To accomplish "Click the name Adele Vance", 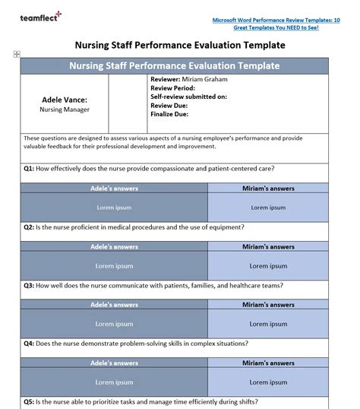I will click(x=65, y=99).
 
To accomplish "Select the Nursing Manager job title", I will click(x=65, y=109).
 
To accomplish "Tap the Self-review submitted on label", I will click(x=188, y=97).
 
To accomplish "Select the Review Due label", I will click(x=170, y=106).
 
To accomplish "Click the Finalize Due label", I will click(x=170, y=115).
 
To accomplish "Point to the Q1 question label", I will click(x=28, y=168).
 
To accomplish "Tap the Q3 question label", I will click(x=28, y=285).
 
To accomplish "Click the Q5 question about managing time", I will click(x=145, y=401).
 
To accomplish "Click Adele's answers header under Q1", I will click(x=114, y=188).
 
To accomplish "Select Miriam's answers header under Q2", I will click(x=268, y=246).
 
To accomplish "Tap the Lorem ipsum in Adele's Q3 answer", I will click(x=114, y=324).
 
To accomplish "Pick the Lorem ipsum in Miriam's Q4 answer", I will click(x=268, y=382).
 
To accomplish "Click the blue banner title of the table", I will click(x=175, y=66).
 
